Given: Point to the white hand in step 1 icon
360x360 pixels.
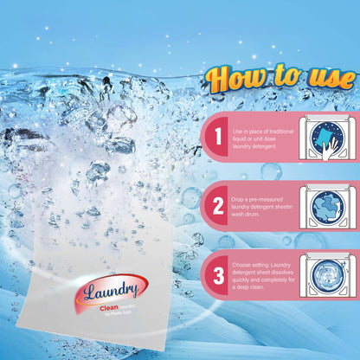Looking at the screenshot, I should [318, 148].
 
